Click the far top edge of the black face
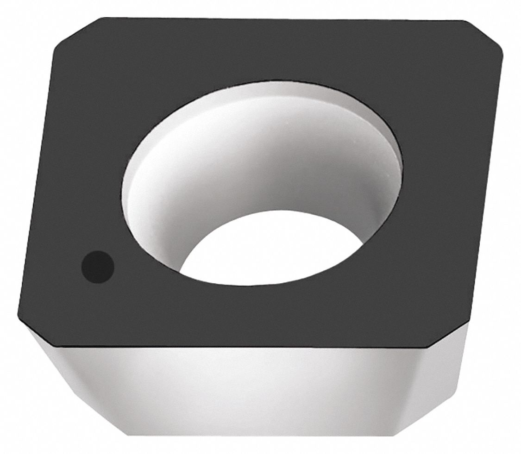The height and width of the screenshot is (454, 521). pyautogui.click(x=278, y=19)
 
